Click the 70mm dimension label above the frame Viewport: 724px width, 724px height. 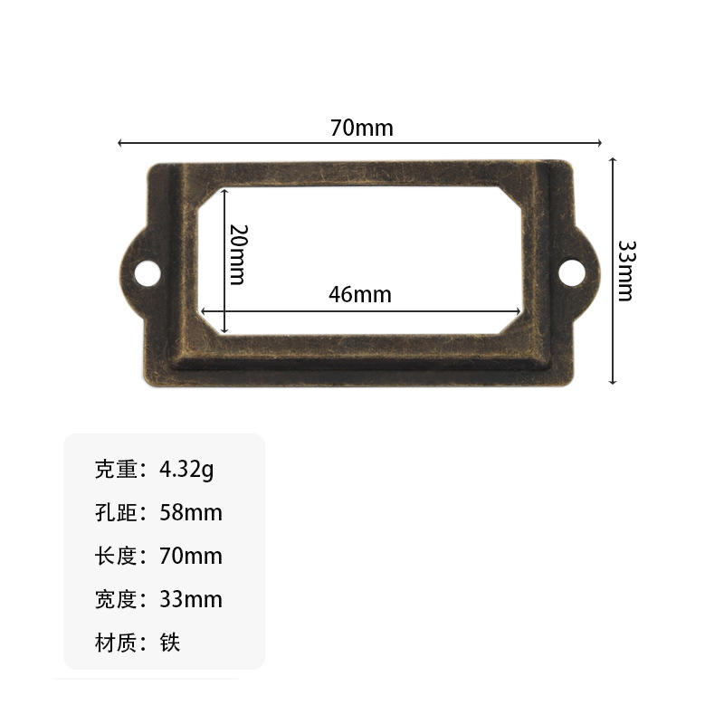pos(362,128)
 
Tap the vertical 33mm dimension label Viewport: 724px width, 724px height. pos(625,270)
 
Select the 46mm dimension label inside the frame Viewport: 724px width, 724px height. pos(360,294)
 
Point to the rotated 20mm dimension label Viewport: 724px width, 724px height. pos(237,254)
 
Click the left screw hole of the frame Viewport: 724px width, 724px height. pos(146,271)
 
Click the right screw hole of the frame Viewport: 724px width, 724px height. pos(571,270)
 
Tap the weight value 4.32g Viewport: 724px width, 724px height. pos(187,470)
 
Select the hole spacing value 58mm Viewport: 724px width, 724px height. pos(190,513)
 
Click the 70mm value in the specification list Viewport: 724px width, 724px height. pos(190,556)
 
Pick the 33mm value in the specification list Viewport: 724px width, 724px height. pos(190,599)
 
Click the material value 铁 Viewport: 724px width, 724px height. pos(170,643)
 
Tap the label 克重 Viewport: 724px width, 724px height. pos(116,470)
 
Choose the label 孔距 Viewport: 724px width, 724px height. pos(116,513)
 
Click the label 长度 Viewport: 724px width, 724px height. pos(116,556)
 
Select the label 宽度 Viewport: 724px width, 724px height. pos(116,599)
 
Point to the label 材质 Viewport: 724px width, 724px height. pos(116,643)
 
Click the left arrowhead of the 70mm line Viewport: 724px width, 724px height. pos(121,143)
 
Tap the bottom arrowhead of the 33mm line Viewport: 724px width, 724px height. pos(613,381)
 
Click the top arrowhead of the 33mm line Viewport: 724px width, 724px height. pos(613,160)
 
